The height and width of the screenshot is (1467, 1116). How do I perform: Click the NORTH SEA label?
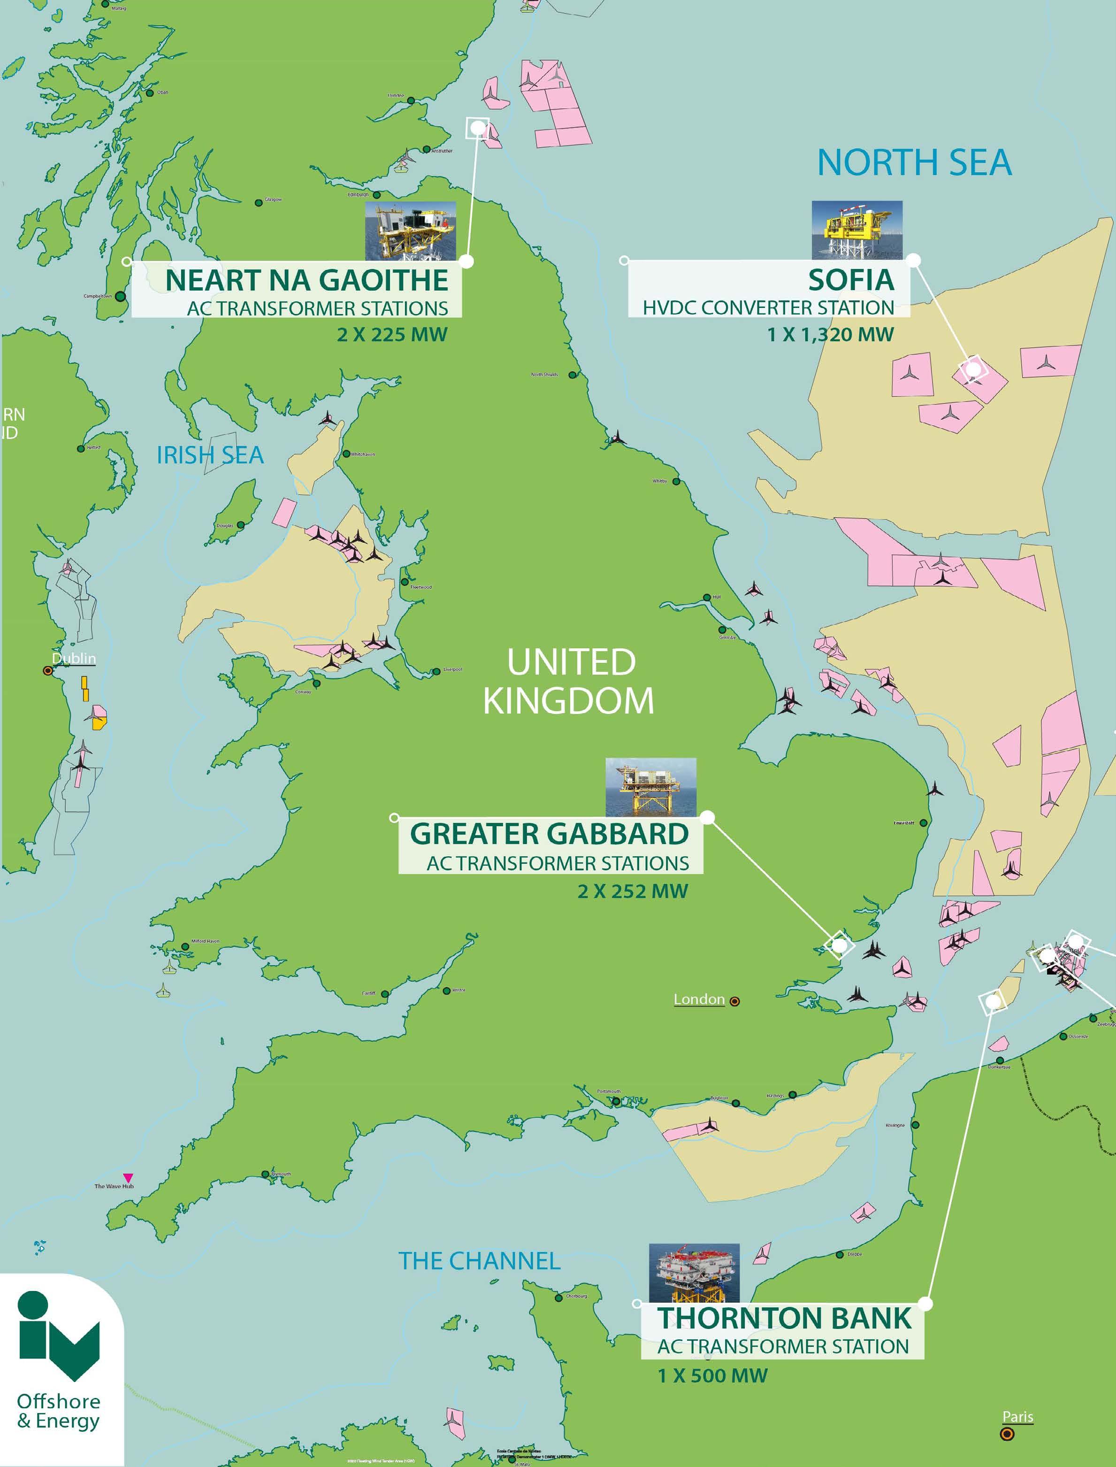click(x=914, y=163)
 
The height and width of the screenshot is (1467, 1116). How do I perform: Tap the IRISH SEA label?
click(x=210, y=455)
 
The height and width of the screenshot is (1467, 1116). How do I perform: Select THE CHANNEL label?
click(x=479, y=1260)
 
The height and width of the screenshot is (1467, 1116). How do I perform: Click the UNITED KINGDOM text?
click(x=569, y=681)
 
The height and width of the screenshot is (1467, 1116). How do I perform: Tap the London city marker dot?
click(x=735, y=1001)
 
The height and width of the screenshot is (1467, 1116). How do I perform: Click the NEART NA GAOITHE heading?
click(x=306, y=280)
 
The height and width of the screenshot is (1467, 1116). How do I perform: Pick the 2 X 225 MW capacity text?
click(x=392, y=334)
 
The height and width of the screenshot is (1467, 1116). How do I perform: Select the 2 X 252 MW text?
click(x=633, y=891)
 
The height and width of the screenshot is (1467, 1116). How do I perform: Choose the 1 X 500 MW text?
click(x=712, y=1375)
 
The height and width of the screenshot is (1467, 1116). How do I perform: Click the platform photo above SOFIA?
click(x=857, y=230)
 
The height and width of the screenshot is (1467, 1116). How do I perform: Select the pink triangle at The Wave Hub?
click(x=128, y=1178)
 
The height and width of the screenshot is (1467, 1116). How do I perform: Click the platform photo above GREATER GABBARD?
click(x=650, y=787)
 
